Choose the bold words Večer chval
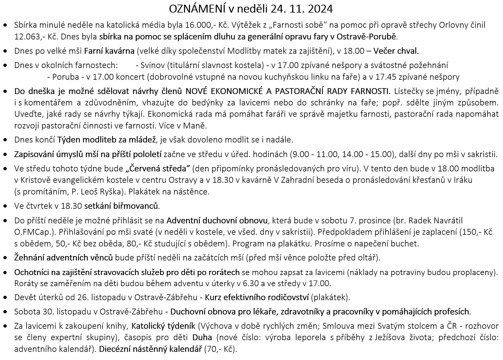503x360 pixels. (396, 51)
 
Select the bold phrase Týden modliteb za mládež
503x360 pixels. (106, 140)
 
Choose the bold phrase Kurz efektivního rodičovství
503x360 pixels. (257, 298)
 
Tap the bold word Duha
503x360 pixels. (202, 338)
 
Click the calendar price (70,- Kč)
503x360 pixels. (221, 349)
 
